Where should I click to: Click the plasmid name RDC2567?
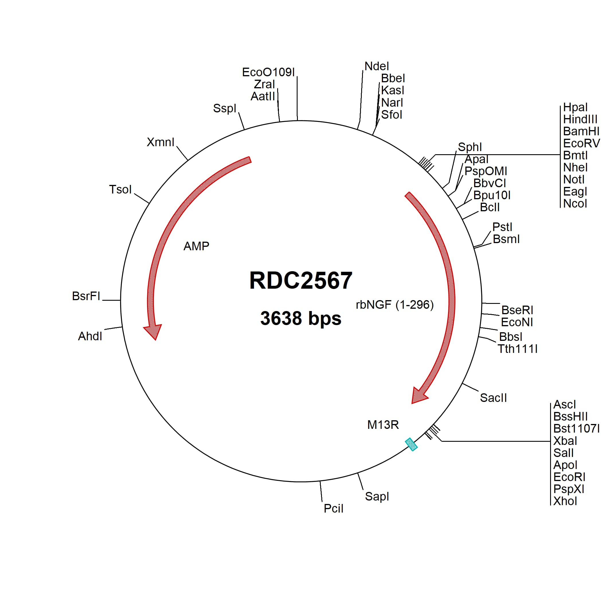pos(301,280)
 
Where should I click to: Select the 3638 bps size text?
pos(301,318)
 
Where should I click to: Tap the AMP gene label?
pos(196,247)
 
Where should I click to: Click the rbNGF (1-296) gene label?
pos(394,305)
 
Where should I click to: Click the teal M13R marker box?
pos(411,444)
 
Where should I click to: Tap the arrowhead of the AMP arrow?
pos(153,332)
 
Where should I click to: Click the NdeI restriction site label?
pos(377,67)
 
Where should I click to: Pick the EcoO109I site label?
pos(268,72)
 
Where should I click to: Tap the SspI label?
pos(225,108)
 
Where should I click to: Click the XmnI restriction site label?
pos(161,142)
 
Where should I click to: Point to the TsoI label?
pos(120,189)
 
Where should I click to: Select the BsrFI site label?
pos(86,296)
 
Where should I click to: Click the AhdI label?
pos(90,336)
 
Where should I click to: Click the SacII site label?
pos(493,398)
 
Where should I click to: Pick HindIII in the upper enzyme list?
pos(580,119)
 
